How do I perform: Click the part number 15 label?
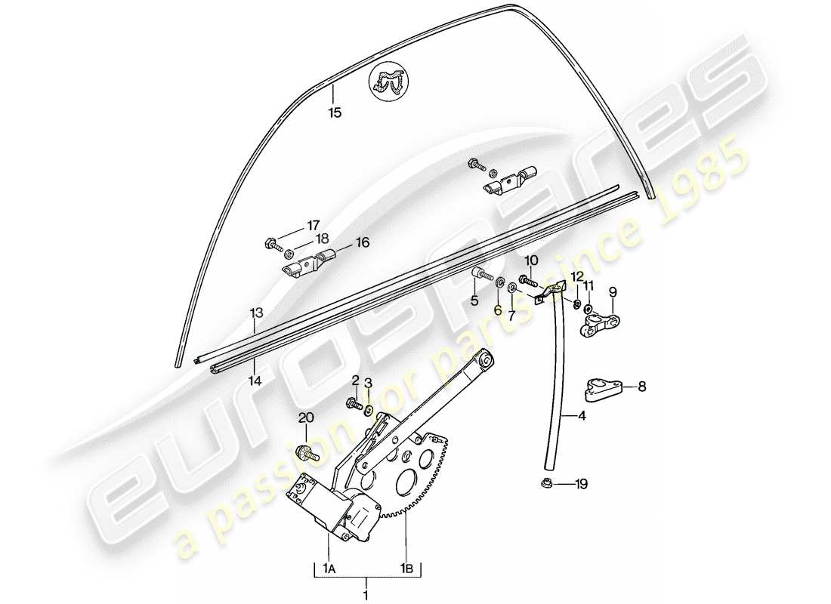[x=335, y=113]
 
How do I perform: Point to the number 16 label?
[x=362, y=242]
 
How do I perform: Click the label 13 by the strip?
[x=256, y=311]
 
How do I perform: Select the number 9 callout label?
[x=612, y=291]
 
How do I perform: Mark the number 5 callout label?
[x=474, y=300]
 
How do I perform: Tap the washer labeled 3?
[x=369, y=411]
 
